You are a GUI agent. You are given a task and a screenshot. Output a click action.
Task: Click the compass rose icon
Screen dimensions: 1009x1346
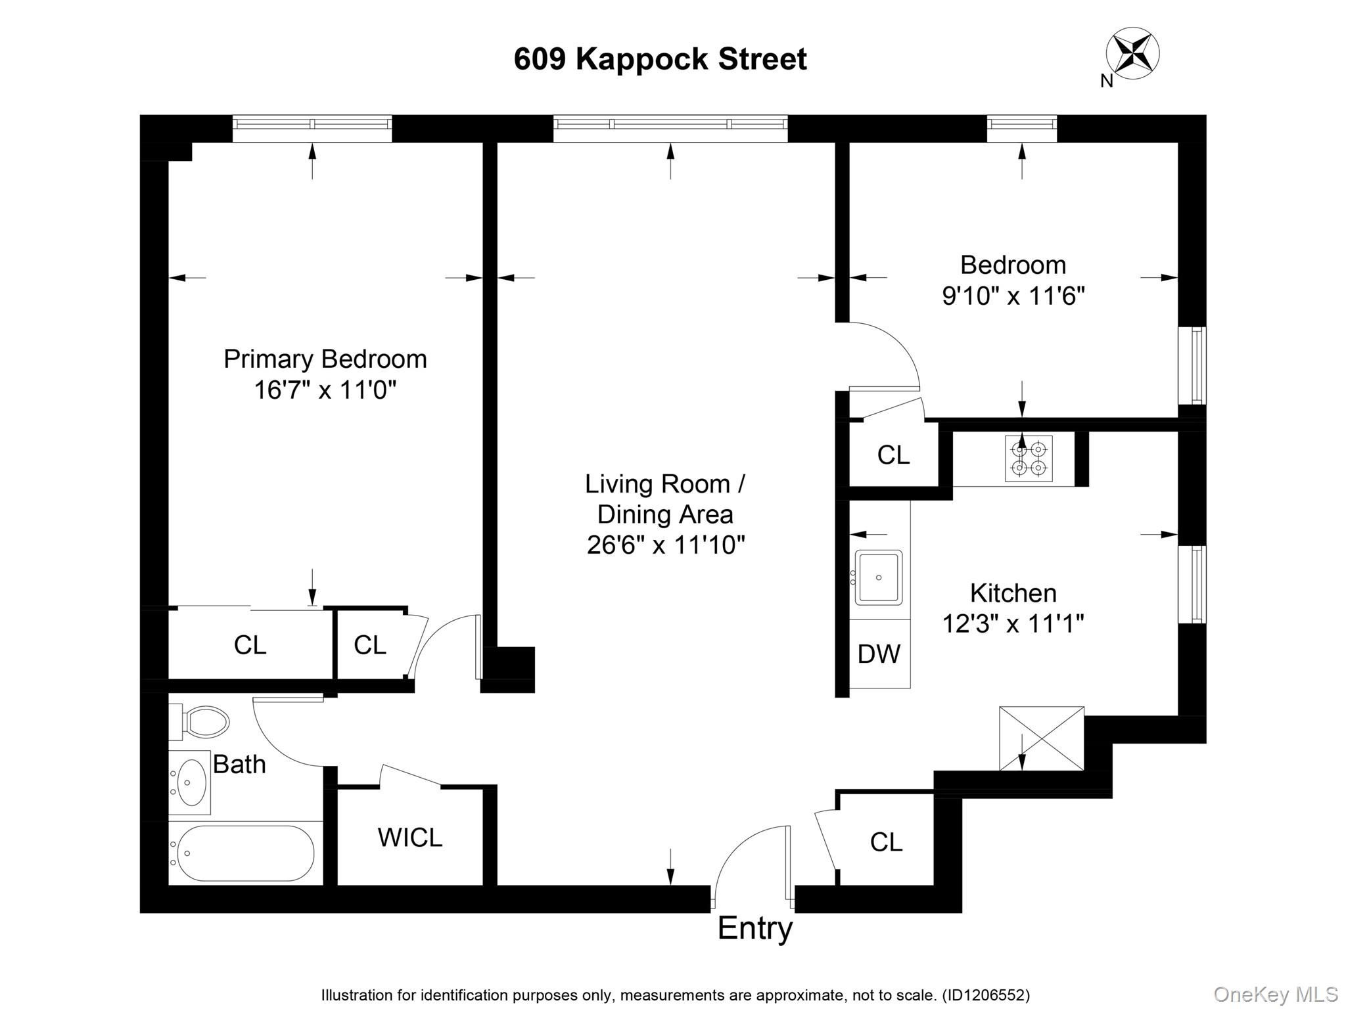pyautogui.click(x=1132, y=53)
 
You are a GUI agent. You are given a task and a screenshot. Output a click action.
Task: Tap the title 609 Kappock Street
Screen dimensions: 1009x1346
pyautogui.click(x=660, y=59)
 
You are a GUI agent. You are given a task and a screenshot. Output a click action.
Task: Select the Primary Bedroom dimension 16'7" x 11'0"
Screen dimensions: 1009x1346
pyautogui.click(x=325, y=390)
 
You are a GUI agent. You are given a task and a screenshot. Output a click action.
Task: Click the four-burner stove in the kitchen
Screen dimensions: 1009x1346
pyautogui.click(x=1029, y=459)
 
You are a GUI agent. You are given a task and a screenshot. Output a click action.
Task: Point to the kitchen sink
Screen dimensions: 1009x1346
pyautogui.click(x=879, y=577)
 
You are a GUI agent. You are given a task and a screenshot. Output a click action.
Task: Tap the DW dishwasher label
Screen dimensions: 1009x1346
pyautogui.click(x=879, y=654)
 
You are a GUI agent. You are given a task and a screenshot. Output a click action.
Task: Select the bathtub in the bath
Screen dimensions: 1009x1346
pyautogui.click(x=242, y=853)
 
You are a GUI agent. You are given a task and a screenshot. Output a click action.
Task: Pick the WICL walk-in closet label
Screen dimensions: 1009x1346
pyautogui.click(x=409, y=837)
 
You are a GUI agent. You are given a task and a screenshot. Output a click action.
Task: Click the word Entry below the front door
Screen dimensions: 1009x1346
pyautogui.click(x=754, y=928)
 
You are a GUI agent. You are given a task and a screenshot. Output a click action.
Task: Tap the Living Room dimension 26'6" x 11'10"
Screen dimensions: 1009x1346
pyautogui.click(x=666, y=545)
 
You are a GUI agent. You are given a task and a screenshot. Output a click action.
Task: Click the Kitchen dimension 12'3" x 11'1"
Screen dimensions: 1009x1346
pyautogui.click(x=1013, y=623)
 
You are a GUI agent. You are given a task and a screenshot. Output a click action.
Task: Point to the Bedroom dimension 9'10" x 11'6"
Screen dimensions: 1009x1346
pyautogui.click(x=1013, y=296)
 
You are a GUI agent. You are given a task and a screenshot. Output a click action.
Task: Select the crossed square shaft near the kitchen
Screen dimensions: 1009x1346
pyautogui.click(x=1041, y=738)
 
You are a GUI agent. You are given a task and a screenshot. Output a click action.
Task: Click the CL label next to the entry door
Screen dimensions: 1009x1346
pyautogui.click(x=886, y=841)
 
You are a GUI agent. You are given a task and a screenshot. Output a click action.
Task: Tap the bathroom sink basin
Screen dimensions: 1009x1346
pyautogui.click(x=191, y=782)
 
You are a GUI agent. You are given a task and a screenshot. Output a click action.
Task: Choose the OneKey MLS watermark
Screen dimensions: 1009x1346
pyautogui.click(x=1276, y=994)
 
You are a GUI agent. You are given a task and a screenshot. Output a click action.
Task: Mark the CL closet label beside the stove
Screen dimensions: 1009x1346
pyautogui.click(x=893, y=455)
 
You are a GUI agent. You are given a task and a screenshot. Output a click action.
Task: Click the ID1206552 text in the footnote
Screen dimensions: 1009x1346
pyautogui.click(x=986, y=995)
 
